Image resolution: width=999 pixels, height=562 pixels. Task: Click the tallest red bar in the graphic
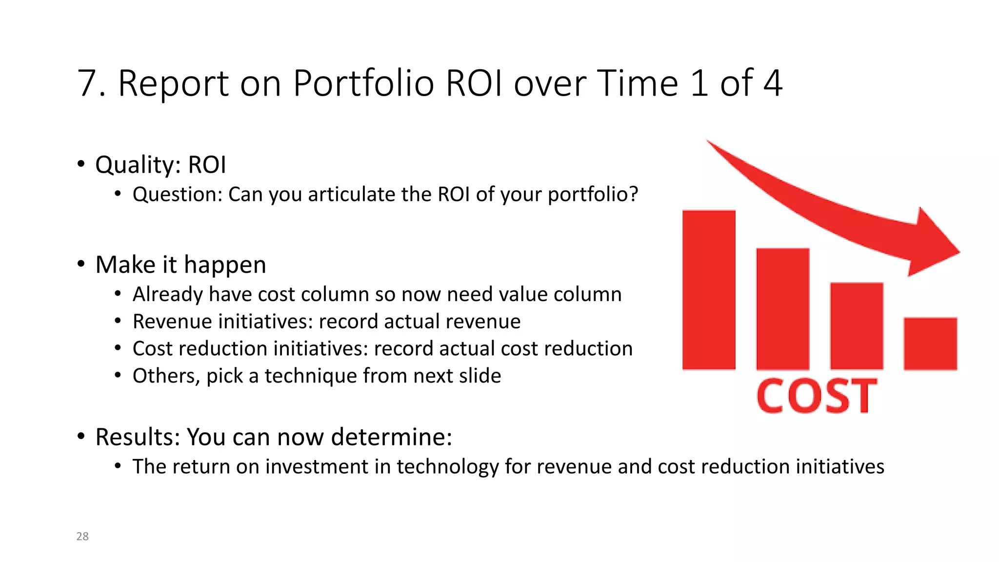[709, 290]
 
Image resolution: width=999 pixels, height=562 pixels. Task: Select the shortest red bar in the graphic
[930, 343]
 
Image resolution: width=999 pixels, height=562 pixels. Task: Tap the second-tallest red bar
[782, 309]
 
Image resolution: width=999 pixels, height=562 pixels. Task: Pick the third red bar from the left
[857, 326]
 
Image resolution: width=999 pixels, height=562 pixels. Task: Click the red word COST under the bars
[817, 396]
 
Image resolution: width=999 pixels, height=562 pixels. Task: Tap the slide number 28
[82, 536]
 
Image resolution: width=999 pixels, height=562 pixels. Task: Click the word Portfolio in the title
[363, 83]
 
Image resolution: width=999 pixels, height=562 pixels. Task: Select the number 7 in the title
[87, 83]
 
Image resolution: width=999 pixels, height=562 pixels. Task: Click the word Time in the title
[637, 83]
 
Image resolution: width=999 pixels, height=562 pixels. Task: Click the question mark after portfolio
[633, 194]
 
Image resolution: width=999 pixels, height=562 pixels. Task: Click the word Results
[137, 437]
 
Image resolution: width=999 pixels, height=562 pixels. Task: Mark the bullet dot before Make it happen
[81, 264]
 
